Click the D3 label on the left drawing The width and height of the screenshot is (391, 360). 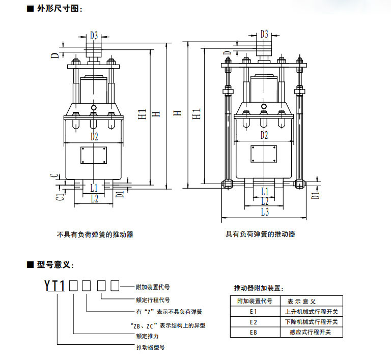(94, 36)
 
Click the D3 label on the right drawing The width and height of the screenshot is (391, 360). (264, 34)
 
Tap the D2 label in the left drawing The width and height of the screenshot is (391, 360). (94, 136)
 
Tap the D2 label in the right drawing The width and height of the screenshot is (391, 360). (264, 135)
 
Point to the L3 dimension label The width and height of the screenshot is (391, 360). (265, 212)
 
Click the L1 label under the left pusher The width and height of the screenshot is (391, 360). (94, 188)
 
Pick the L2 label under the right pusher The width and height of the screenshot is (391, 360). (265, 201)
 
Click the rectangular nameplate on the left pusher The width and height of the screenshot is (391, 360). (94, 155)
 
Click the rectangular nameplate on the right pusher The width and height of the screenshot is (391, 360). (264, 155)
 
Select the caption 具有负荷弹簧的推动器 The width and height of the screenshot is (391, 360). (261, 234)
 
